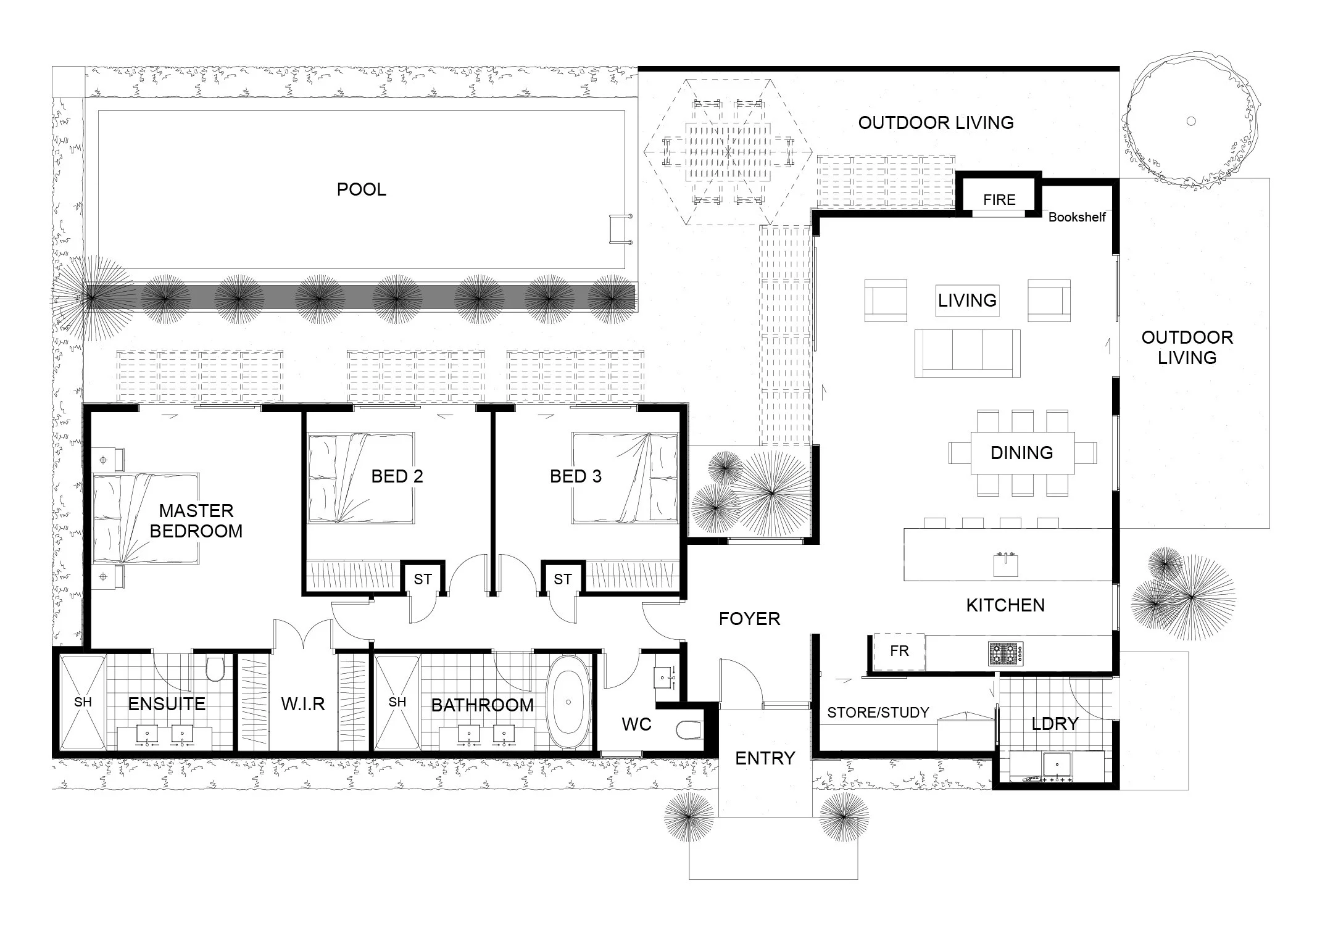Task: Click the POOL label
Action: click(362, 189)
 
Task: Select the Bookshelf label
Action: click(1077, 217)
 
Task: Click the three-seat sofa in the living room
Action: click(967, 353)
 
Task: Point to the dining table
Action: click(1023, 452)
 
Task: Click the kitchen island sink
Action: click(1005, 564)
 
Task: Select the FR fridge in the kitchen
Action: click(899, 652)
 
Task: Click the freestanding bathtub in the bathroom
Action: click(568, 702)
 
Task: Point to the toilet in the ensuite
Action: click(215, 668)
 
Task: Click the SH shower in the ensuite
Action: click(83, 702)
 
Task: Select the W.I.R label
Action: click(303, 704)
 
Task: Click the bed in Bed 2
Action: click(361, 478)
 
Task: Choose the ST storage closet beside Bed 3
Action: click(562, 578)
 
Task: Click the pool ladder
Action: click(620, 229)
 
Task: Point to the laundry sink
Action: click(1057, 764)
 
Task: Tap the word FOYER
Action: click(749, 619)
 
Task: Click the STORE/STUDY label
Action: click(878, 713)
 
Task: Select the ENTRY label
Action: click(765, 758)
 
